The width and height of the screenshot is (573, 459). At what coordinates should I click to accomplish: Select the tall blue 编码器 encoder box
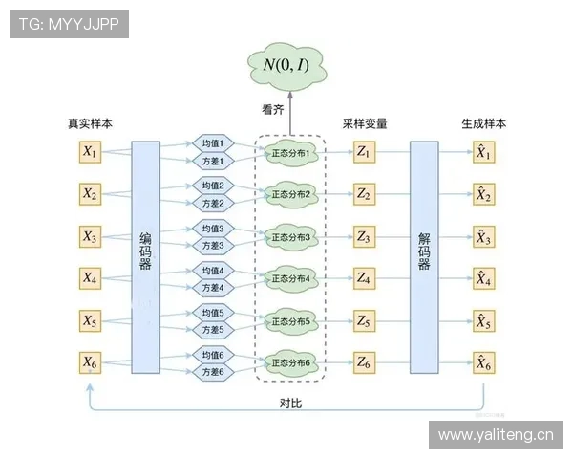coord(145,256)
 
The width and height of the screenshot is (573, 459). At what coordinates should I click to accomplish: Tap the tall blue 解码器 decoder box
coord(424,256)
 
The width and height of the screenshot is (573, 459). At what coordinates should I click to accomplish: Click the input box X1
coord(91,152)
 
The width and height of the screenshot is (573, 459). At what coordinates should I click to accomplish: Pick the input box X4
coord(91,278)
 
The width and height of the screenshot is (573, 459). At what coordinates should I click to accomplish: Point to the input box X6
coord(91,362)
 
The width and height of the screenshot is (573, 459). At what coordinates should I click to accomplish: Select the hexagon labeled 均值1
coord(212,143)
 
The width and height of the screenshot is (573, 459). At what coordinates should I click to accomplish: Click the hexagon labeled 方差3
coord(212,246)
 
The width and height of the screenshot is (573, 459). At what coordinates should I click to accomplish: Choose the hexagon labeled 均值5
coord(212,313)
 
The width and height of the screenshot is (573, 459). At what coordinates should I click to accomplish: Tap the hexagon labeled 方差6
coord(212,372)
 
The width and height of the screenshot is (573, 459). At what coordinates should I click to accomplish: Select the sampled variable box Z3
coord(364,236)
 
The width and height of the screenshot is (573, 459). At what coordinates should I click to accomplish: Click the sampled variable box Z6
coord(364,362)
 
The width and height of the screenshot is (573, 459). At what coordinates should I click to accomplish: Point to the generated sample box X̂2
coord(484,194)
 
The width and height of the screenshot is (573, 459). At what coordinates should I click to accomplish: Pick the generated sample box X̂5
coord(484,320)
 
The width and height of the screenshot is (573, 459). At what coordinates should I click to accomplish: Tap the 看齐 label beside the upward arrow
coord(273,110)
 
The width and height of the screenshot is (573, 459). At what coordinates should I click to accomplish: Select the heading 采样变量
coord(365,124)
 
